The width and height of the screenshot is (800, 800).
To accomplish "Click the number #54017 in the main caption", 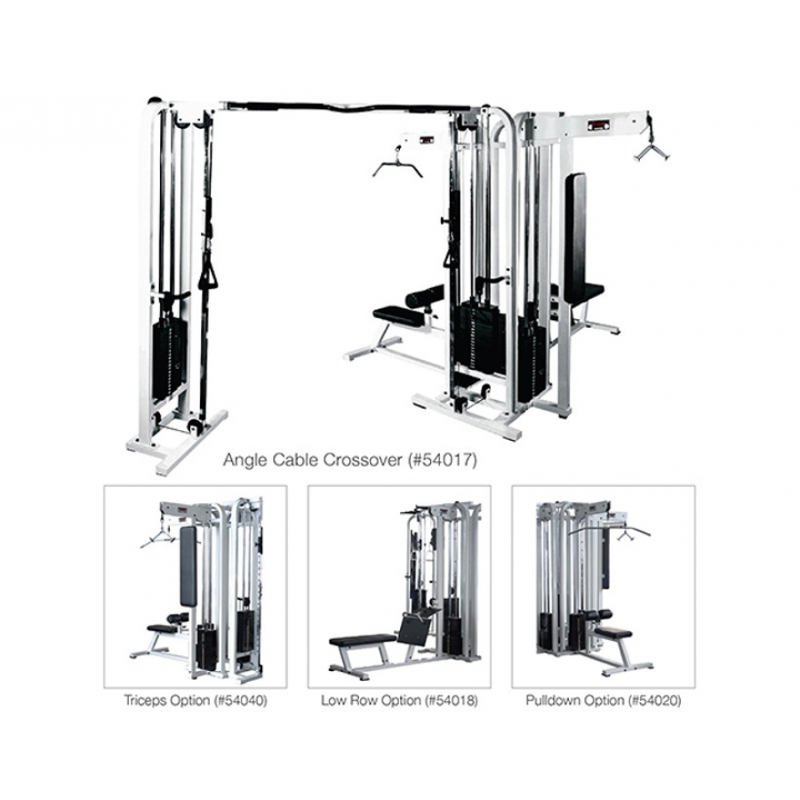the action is tap(442, 460).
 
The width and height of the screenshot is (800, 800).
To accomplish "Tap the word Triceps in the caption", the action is tap(146, 700).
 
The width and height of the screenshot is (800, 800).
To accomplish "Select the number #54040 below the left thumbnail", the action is tap(239, 700).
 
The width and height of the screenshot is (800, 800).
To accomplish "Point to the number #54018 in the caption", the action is tap(451, 700).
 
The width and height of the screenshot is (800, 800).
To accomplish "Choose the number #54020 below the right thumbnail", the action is tap(654, 700).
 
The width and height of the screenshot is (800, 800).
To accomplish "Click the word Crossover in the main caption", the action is tap(364, 460).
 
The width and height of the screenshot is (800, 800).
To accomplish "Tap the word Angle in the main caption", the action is tap(245, 460).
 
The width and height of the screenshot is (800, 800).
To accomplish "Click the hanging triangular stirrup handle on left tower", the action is tap(208, 277).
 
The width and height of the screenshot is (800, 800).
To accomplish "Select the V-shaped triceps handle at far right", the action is tap(652, 151).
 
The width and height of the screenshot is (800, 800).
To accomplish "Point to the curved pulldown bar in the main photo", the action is tap(397, 166).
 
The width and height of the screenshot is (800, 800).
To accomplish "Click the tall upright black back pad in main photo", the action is tap(575, 237).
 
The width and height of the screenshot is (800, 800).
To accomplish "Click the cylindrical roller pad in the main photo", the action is tap(425, 296).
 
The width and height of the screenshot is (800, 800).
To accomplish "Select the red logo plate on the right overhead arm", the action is tap(598, 125).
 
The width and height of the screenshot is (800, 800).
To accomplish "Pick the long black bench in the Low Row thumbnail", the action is tap(364, 639).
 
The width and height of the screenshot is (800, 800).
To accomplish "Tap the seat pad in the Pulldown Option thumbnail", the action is tap(613, 634).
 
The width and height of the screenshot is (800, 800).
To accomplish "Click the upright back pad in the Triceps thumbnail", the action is tap(188, 566).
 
